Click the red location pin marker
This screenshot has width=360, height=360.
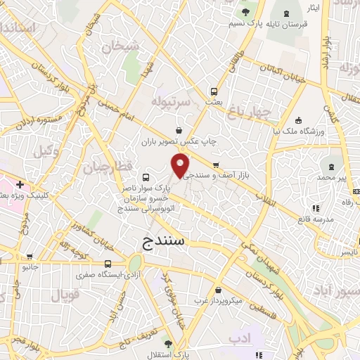click(181, 166)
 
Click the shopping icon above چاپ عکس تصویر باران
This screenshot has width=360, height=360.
click(180, 130)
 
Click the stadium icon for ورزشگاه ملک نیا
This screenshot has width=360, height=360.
click(300, 119)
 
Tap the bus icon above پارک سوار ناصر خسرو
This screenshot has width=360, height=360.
click(146, 177)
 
